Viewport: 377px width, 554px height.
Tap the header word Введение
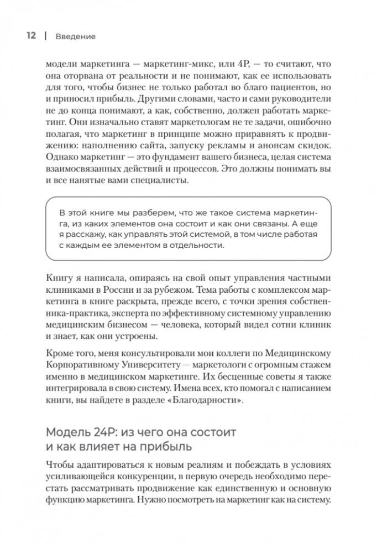point(75,37)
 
